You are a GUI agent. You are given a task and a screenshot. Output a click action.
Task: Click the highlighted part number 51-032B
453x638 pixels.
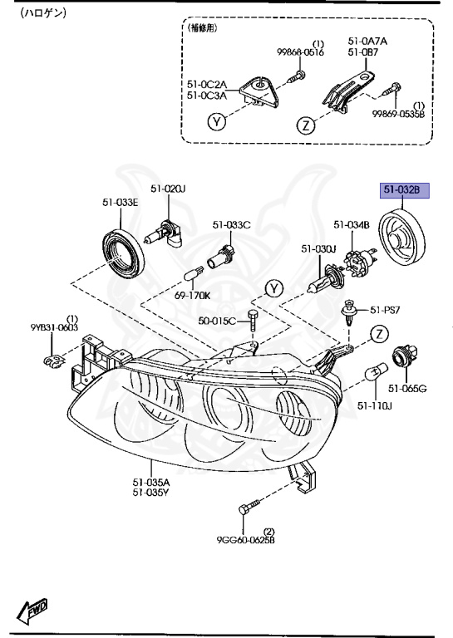pos(405,190)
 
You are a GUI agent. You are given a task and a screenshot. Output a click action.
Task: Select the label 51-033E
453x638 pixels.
pos(120,202)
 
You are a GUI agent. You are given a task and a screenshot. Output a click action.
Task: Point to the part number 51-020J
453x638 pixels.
pos(168,189)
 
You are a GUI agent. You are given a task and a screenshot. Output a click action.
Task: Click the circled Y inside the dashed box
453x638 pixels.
pos(217,121)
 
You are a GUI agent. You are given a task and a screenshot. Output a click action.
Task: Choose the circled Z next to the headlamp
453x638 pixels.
pos(379,334)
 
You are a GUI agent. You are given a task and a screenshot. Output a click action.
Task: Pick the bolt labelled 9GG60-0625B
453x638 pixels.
pos(249,508)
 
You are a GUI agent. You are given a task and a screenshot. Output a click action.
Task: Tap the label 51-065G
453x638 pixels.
pos(407,389)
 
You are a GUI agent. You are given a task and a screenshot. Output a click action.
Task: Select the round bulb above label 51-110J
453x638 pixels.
pos(374,374)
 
